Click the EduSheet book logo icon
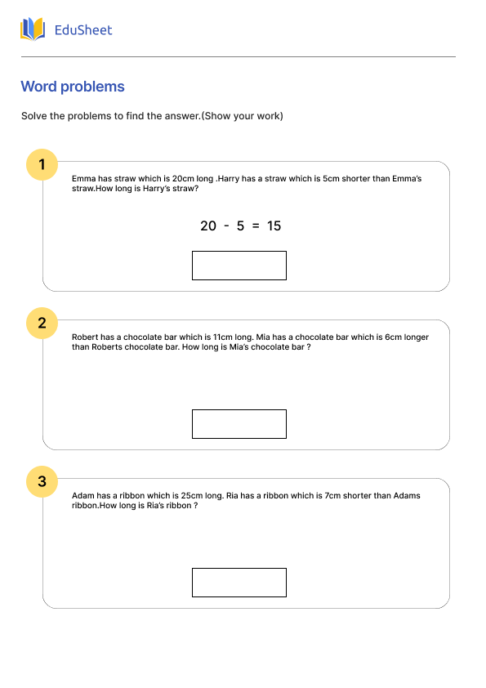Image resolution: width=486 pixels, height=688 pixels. [x=33, y=30]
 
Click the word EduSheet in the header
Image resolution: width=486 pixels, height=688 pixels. [x=82, y=30]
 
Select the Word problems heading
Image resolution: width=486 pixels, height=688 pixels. [x=73, y=87]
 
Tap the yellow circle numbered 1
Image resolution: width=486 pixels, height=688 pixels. [x=42, y=164]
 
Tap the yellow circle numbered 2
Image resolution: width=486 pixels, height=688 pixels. [x=42, y=323]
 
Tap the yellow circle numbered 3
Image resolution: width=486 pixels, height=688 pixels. [x=42, y=481]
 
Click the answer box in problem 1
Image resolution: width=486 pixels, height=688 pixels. [x=239, y=266]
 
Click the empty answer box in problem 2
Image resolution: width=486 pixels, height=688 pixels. [x=239, y=424]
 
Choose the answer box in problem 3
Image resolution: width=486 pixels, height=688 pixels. [x=239, y=583]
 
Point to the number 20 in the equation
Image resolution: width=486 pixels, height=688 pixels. [x=207, y=226]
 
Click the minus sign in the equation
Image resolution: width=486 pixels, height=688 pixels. [x=225, y=226]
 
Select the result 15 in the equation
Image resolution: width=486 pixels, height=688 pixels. [x=274, y=226]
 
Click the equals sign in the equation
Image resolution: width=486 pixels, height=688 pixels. [x=256, y=226]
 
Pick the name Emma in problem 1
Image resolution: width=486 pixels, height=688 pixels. [x=83, y=178]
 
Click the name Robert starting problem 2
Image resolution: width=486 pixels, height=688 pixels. [x=86, y=337]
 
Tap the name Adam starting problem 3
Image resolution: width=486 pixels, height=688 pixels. [x=83, y=495]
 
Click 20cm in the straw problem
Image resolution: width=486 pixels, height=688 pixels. [x=183, y=178]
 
